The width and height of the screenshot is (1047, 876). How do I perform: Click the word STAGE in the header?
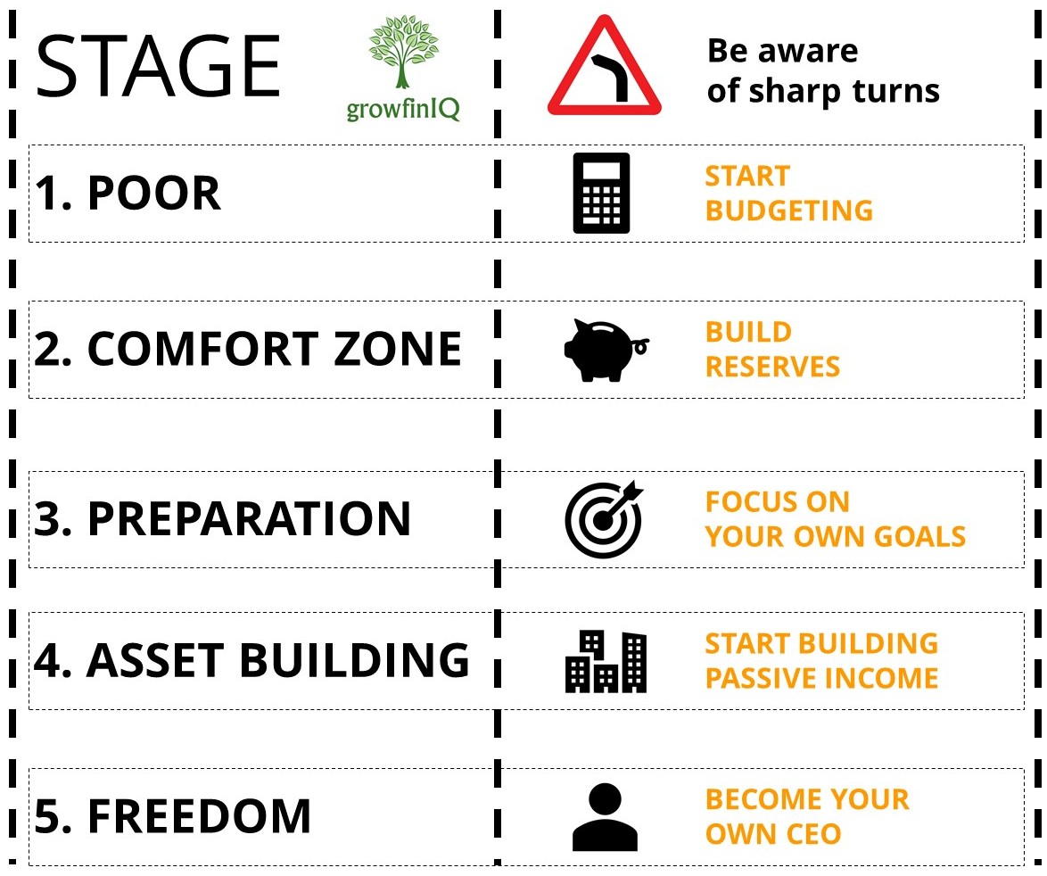tap(158, 67)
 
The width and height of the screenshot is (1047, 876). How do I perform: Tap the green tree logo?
tap(403, 52)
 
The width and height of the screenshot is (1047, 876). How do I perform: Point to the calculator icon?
tap(601, 193)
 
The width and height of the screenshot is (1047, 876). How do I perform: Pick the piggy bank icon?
tap(605, 350)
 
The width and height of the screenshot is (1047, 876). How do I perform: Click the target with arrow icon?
tap(604, 519)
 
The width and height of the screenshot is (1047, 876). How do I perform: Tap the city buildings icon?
tap(606, 661)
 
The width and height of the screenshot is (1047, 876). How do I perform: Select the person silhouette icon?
tap(605, 816)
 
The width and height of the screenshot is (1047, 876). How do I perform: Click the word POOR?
tap(153, 194)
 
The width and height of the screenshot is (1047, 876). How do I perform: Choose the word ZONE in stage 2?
tap(397, 349)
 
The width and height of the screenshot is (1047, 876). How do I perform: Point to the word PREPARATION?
tap(249, 519)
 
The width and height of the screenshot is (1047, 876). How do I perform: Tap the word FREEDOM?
tap(199, 816)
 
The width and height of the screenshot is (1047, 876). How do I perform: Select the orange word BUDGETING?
tap(789, 211)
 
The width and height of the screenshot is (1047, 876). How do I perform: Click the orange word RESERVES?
tap(772, 367)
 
